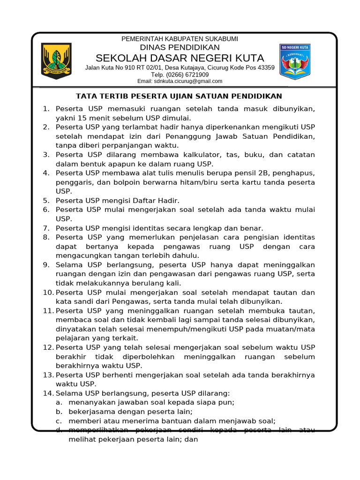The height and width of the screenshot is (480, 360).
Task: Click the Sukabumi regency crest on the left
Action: [x=56, y=61]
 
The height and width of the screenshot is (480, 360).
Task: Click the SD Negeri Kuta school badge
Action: [x=295, y=61]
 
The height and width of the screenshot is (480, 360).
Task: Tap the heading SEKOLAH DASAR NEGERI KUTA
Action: [x=180, y=58]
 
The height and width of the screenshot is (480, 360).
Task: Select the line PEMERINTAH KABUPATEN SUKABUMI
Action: [x=180, y=39]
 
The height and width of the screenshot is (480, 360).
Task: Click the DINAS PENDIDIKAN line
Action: [x=180, y=48]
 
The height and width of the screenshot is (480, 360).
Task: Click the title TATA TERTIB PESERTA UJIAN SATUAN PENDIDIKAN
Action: [x=179, y=96]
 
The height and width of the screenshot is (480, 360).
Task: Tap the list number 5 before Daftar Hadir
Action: [x=46, y=201]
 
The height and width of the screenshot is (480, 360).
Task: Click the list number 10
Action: [x=47, y=292]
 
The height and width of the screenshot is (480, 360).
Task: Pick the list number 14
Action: [x=47, y=393]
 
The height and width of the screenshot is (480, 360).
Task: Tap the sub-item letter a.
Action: [x=59, y=402]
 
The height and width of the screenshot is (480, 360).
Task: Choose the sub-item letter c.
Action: [x=59, y=421]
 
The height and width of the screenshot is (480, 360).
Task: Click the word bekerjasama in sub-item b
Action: [x=90, y=412]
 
